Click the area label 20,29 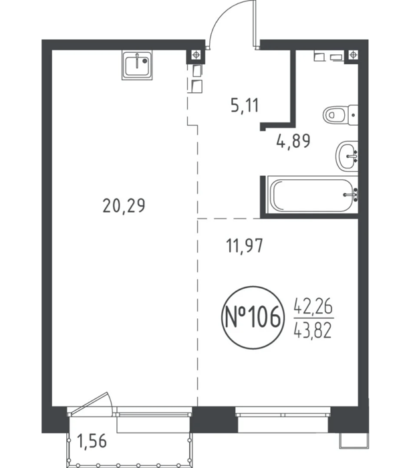pyautogui.click(x=124, y=206)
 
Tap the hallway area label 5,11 pyautogui.click(x=245, y=106)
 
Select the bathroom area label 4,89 pyautogui.click(x=293, y=141)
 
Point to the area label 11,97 pyautogui.click(x=245, y=246)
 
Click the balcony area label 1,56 pyautogui.click(x=92, y=441)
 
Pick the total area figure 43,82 pyautogui.click(x=313, y=331)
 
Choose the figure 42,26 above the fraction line pyautogui.click(x=313, y=306)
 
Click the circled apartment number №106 pyautogui.click(x=253, y=318)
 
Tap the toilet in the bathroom pyautogui.click(x=340, y=114)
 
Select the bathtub pyautogui.click(x=313, y=195)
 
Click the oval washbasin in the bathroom pyautogui.click(x=347, y=156)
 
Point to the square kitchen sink pyautogui.click(x=137, y=65)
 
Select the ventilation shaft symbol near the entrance pyautogui.click(x=196, y=55)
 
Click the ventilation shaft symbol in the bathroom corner pyautogui.click(x=353, y=55)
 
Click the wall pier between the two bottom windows pyautogui.click(x=214, y=419)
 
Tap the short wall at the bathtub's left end pyautogui.click(x=263, y=195)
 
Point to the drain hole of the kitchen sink pyautogui.click(x=145, y=61)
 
